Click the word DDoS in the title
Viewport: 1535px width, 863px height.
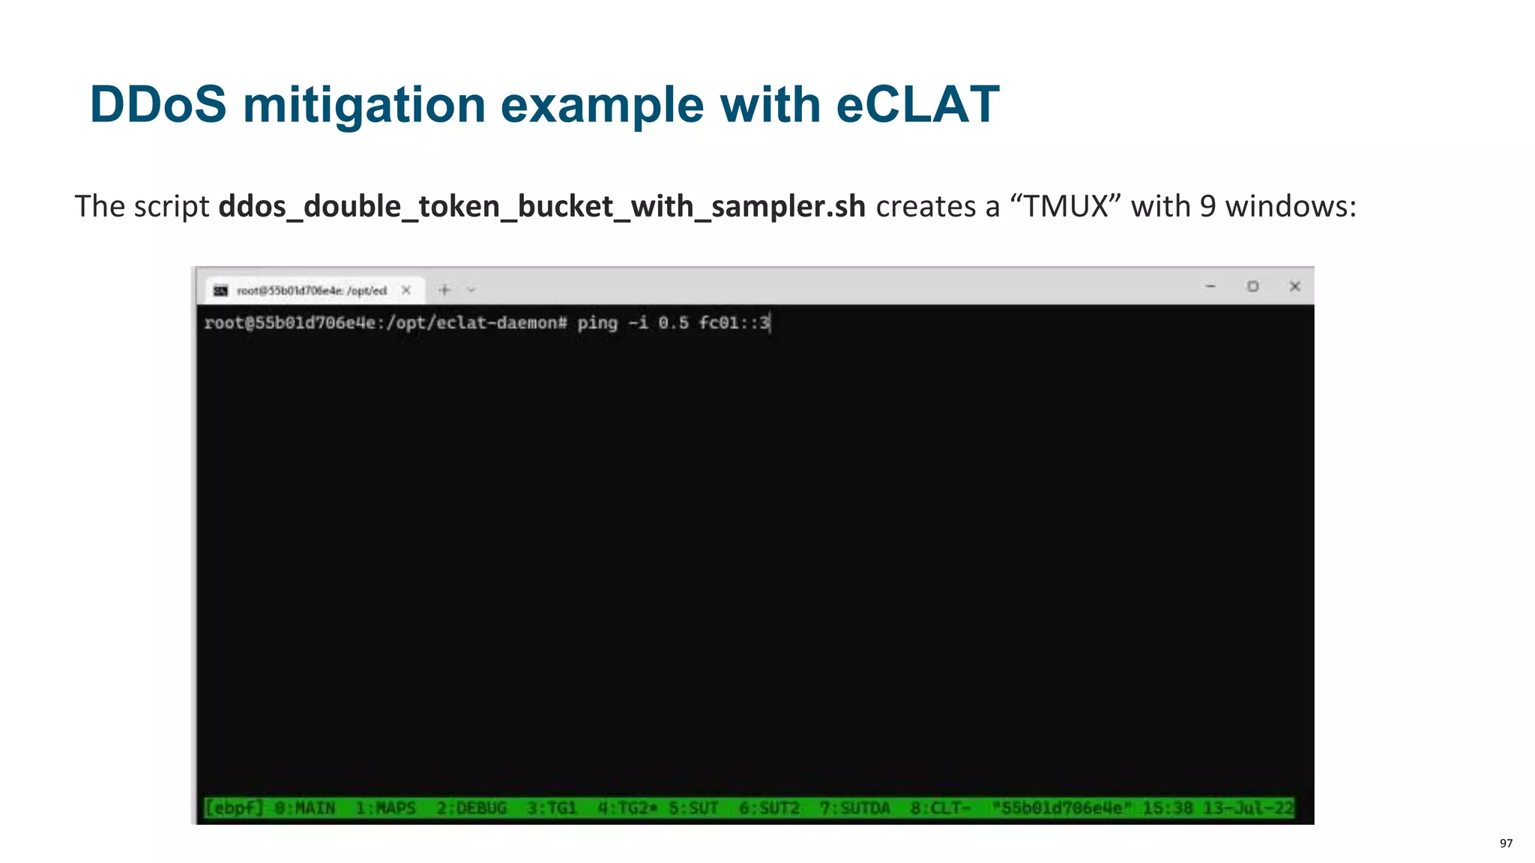[157, 104]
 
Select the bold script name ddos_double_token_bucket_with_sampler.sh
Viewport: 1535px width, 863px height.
[542, 206]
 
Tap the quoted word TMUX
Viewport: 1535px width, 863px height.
[1066, 206]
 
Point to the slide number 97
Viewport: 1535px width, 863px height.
[1506, 844]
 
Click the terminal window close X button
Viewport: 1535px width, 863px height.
[1294, 286]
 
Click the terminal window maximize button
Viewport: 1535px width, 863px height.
[1252, 286]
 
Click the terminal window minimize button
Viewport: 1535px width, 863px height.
[1210, 286]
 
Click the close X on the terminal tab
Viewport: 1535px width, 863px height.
[406, 290]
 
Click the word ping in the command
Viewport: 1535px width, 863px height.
[597, 323]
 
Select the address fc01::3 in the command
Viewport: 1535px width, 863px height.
[734, 323]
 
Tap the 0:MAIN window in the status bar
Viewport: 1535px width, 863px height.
[304, 808]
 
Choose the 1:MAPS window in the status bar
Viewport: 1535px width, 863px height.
[385, 808]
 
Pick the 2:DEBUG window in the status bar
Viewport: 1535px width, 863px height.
[471, 808]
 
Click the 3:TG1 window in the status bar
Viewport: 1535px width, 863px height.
[552, 808]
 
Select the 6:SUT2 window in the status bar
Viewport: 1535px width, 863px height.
[769, 808]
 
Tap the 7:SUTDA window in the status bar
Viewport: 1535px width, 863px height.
[855, 808]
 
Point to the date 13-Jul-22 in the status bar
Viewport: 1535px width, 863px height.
[1248, 808]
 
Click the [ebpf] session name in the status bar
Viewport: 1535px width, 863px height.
[234, 808]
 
